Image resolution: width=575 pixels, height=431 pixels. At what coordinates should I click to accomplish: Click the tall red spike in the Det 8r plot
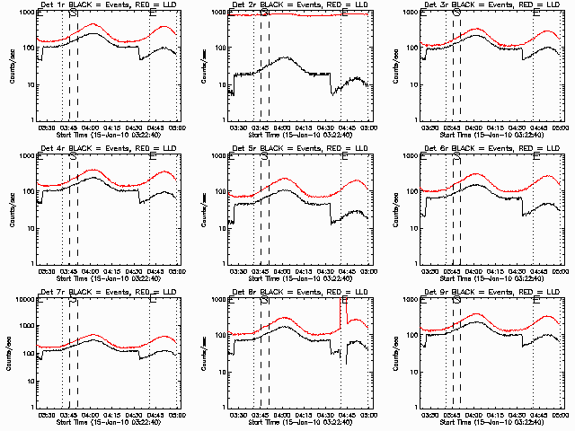pos(342,310)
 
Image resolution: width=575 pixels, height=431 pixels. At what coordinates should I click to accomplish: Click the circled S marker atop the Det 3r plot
pos(456,13)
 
